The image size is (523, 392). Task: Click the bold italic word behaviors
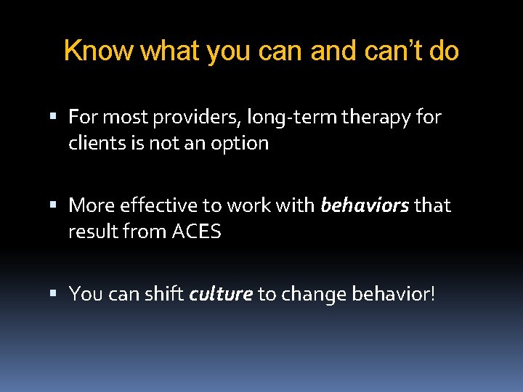click(365, 206)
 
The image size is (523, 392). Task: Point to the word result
click(91, 232)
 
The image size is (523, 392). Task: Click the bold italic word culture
click(221, 294)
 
